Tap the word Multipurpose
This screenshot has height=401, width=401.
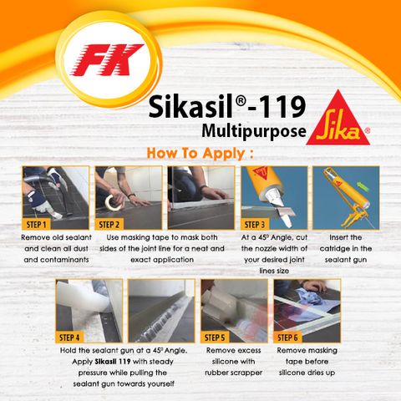[252, 130]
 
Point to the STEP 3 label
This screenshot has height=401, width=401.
[256, 225]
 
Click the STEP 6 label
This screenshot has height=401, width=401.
[290, 337]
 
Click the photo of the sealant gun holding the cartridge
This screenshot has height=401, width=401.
[345, 197]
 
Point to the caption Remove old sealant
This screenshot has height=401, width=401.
[54, 236]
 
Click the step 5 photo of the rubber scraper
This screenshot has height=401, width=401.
[234, 310]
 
